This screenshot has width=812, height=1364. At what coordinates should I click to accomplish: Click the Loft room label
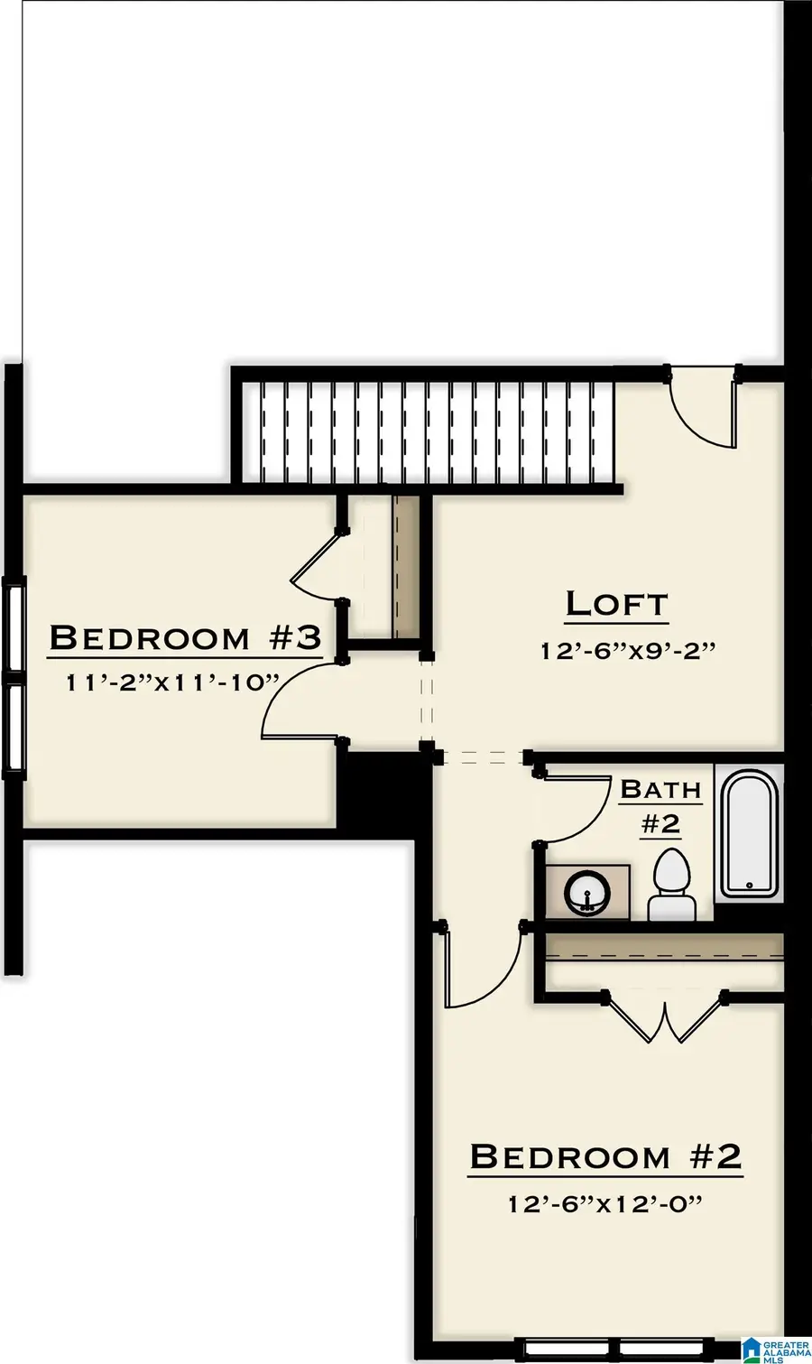[616, 605]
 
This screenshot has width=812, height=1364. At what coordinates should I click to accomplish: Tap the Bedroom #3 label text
[185, 638]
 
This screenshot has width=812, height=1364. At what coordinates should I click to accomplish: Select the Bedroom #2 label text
[605, 1155]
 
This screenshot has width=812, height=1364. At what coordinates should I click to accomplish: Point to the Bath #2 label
[660, 807]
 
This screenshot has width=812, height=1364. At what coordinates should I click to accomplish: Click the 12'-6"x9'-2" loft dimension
[628, 651]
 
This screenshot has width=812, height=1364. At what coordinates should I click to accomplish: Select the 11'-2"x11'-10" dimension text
[171, 682]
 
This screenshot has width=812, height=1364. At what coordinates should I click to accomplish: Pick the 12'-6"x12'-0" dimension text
[605, 1204]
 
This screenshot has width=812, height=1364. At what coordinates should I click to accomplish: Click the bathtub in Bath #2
[750, 832]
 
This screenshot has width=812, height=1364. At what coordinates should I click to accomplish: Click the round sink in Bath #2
[586, 893]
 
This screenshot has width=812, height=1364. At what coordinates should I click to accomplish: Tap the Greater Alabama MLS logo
[776, 1350]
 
